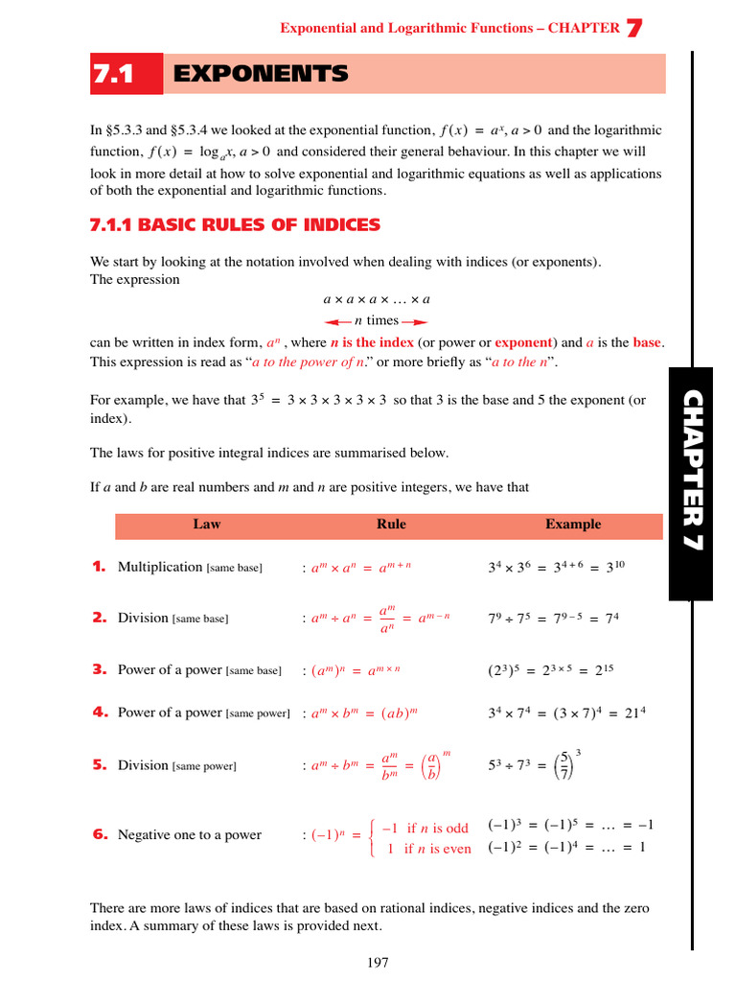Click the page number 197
click(378, 963)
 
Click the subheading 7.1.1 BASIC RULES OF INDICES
click(235, 225)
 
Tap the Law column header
click(207, 524)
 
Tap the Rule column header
click(391, 524)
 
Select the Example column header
click(573, 524)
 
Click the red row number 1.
click(99, 567)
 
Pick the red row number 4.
click(99, 713)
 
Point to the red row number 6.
click(99, 834)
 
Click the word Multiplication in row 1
click(160, 567)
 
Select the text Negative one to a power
click(190, 834)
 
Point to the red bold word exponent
click(523, 342)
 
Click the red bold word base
click(647, 342)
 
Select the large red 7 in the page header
click(633, 29)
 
